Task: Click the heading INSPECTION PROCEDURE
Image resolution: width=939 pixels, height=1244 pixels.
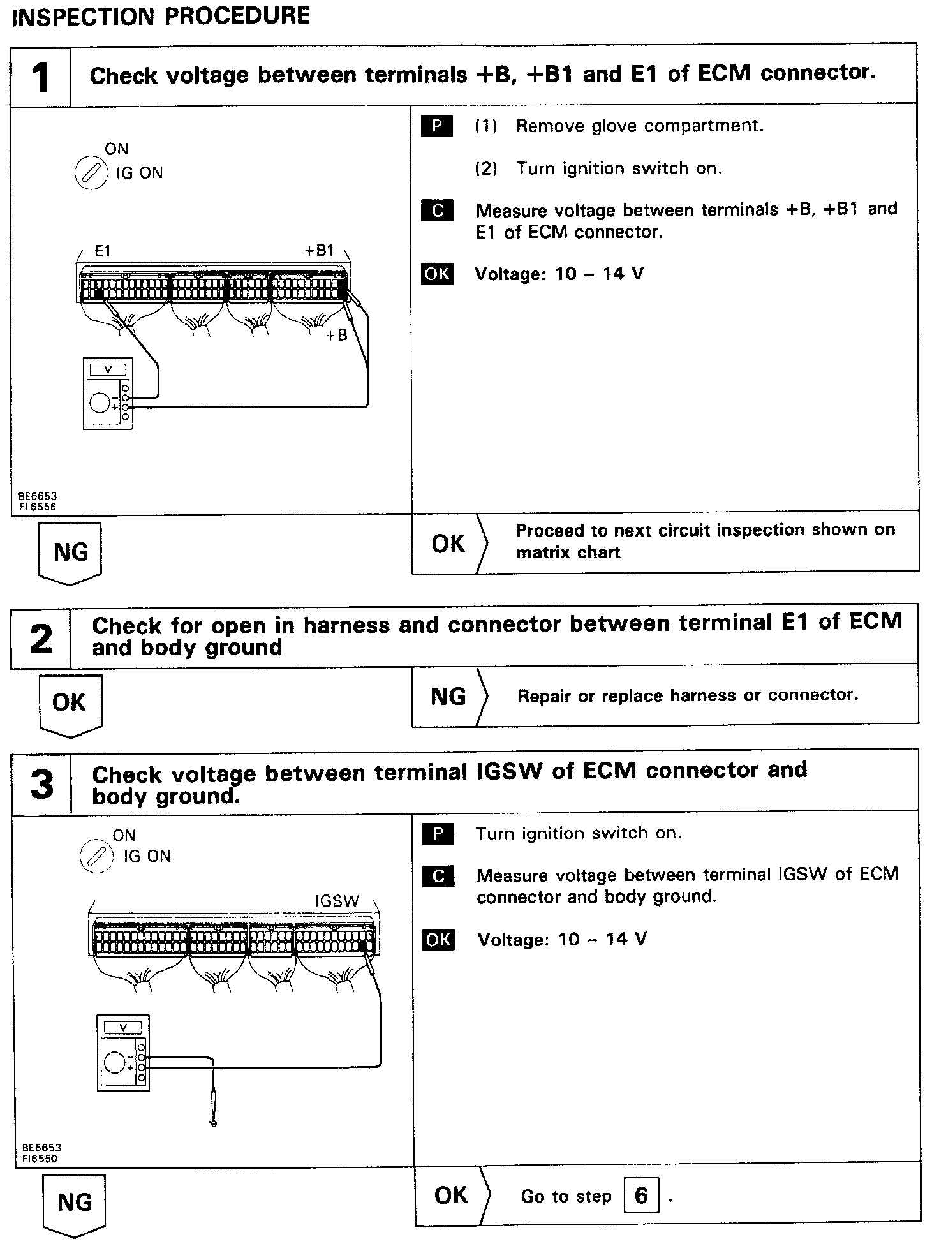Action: [x=161, y=16]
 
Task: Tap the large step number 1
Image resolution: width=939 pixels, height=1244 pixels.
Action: [x=40, y=78]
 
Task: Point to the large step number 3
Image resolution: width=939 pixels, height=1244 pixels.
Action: [x=42, y=784]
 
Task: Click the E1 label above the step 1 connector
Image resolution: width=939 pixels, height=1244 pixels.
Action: [x=103, y=251]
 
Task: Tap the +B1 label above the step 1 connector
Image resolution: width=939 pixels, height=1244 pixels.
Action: [x=319, y=251]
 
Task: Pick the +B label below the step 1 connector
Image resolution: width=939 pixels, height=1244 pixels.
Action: [x=336, y=336]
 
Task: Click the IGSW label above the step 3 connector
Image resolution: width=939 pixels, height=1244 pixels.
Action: [x=337, y=901]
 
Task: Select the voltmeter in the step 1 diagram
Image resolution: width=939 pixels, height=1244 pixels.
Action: [x=108, y=393]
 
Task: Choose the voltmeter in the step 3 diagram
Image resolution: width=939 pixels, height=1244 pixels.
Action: [x=123, y=1053]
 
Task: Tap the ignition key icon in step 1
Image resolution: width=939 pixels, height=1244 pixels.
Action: [x=91, y=174]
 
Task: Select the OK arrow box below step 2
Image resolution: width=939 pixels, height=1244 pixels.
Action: [x=70, y=704]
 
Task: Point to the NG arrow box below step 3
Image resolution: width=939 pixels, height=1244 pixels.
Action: [x=74, y=1203]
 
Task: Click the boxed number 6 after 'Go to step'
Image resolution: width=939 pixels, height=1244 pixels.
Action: [x=641, y=1196]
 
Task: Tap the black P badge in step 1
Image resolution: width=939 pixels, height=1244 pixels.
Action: [x=437, y=126]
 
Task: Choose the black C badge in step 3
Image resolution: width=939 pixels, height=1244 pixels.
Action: [x=438, y=877]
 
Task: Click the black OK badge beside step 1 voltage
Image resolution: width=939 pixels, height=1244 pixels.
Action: [x=437, y=274]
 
